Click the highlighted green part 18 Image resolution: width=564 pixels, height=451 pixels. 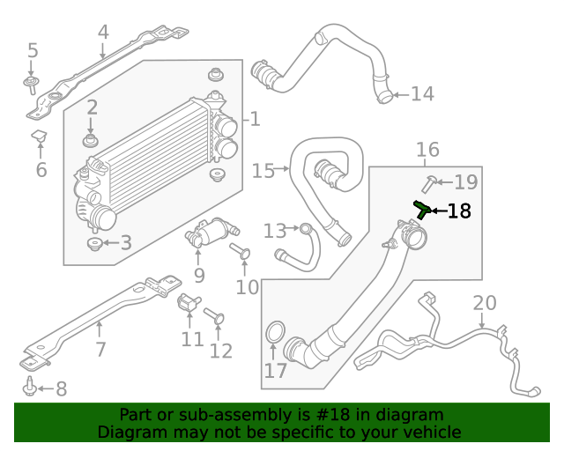point(422,209)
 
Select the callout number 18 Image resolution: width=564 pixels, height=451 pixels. point(459,211)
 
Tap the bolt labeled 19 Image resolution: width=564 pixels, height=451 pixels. point(429,183)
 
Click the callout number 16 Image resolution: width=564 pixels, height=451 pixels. point(427,150)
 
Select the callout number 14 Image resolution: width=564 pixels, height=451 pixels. point(422,93)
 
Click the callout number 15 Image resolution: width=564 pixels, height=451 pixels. point(263,170)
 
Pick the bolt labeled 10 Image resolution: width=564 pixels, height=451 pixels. point(241,255)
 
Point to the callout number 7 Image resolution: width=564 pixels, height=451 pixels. point(100,350)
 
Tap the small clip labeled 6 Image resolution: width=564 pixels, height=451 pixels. point(40,137)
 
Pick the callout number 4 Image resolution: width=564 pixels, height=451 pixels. point(103,33)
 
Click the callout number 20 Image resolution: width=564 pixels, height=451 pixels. point(484,304)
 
